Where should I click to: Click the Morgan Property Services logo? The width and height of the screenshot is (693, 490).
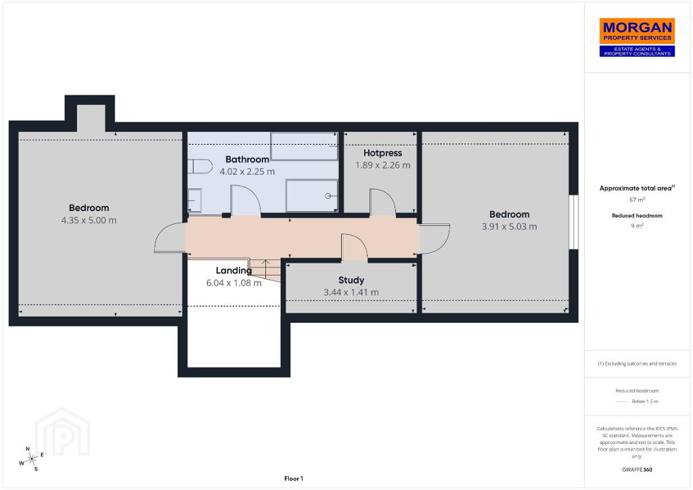[637, 37]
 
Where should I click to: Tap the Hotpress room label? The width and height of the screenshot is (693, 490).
[383, 153]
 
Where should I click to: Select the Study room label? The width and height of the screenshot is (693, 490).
[351, 280]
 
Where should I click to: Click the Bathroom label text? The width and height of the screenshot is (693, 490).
[247, 159]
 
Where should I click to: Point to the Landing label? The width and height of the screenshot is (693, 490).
[233, 271]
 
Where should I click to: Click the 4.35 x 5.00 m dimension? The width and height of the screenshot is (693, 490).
[89, 220]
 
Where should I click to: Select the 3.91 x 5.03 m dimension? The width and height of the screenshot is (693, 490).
[509, 227]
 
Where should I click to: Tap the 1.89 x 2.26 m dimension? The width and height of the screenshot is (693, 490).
[383, 165]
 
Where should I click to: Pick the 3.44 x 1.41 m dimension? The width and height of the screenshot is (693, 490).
[351, 292]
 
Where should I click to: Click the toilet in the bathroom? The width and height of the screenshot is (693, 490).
[200, 166]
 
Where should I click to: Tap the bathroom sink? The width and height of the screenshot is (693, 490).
[194, 200]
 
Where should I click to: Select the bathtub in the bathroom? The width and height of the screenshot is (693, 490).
[304, 146]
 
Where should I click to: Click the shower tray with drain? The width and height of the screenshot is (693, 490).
[311, 196]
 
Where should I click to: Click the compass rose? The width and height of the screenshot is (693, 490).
[31, 460]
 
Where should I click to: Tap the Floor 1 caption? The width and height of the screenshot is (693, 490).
[294, 478]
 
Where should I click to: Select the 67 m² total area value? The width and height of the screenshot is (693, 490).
[637, 200]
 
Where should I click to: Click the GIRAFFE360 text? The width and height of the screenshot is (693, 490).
[637, 470]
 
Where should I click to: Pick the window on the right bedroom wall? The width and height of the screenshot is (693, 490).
[573, 222]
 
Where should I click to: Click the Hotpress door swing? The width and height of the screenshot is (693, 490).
[383, 203]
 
